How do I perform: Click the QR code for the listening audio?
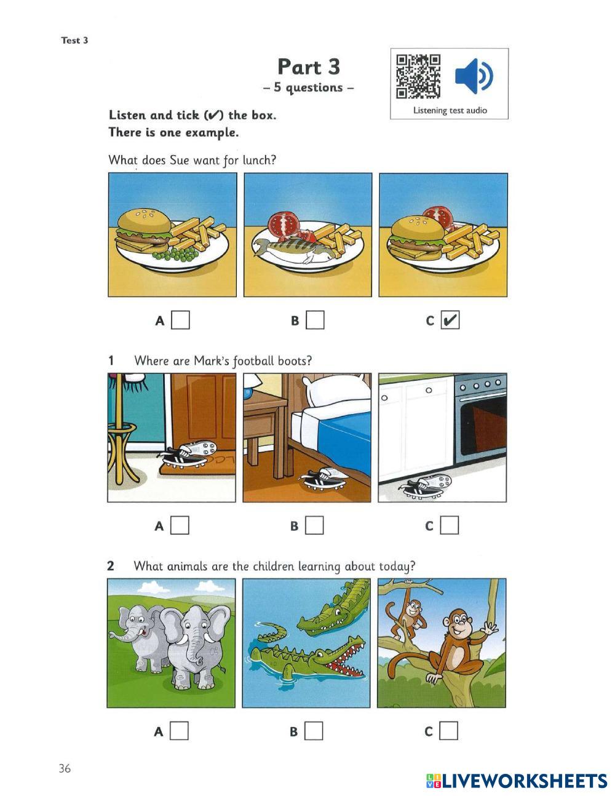[x=418, y=76]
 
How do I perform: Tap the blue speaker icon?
[x=474, y=76]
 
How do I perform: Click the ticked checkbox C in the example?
[x=450, y=320]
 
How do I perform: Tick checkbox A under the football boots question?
[x=180, y=525]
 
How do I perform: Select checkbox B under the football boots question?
[x=314, y=525]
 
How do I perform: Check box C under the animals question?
[x=449, y=731]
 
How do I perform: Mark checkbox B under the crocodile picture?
[x=314, y=731]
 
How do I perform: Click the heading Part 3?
[x=309, y=67]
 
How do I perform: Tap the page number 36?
[x=65, y=768]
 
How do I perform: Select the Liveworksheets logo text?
[x=517, y=781]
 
